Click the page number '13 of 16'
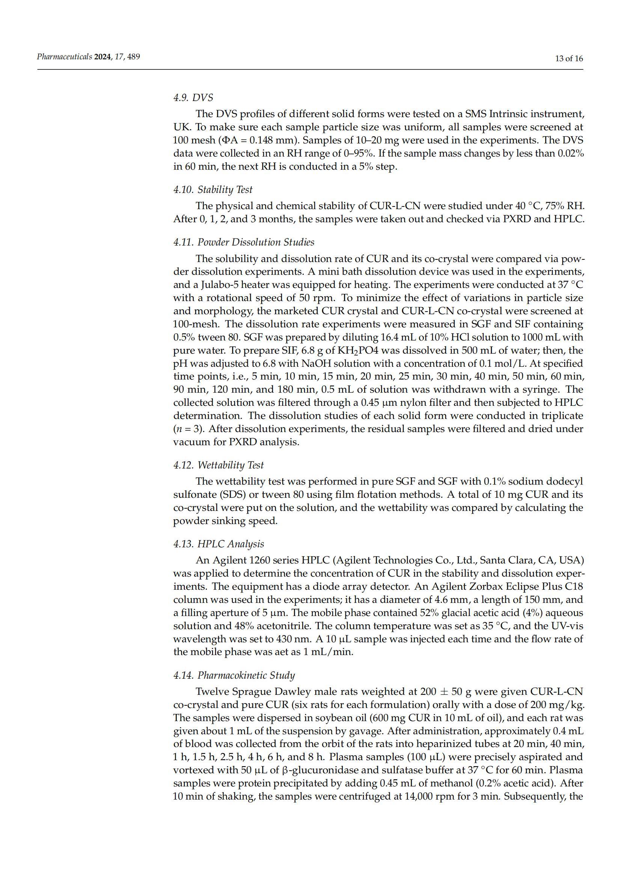[x=569, y=59]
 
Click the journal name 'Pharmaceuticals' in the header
[x=64, y=57]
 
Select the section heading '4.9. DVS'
[x=193, y=98]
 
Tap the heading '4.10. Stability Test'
[x=213, y=190]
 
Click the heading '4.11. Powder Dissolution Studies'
[x=244, y=242]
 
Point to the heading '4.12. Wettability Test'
[x=219, y=465]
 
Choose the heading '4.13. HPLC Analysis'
[x=219, y=544]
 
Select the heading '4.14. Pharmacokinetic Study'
[x=234, y=675]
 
